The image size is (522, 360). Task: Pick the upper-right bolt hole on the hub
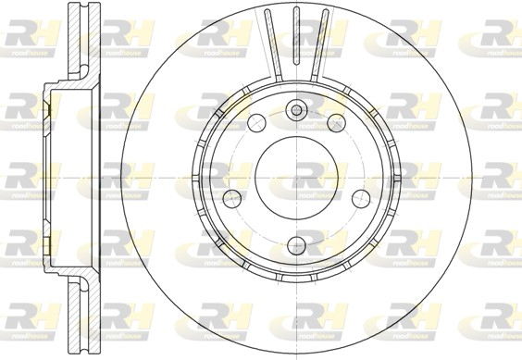335,122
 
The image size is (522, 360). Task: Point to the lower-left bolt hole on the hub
233,197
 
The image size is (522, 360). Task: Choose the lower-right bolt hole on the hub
359,197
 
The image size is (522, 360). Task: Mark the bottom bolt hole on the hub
296,244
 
